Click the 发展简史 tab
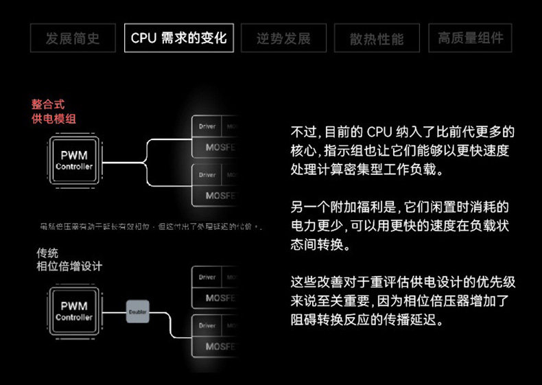point(73,38)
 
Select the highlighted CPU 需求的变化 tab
point(178,38)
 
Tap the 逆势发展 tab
point(283,38)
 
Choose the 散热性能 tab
point(377,38)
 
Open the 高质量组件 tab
point(470,38)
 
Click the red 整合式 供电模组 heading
point(54,112)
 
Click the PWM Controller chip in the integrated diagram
point(74,161)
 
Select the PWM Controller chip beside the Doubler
point(74,312)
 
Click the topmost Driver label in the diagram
point(207,127)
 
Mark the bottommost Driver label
point(207,326)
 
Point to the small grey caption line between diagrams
point(151,226)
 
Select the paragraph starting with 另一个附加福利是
point(401,225)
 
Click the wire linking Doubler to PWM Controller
point(113,312)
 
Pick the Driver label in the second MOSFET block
point(207,175)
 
